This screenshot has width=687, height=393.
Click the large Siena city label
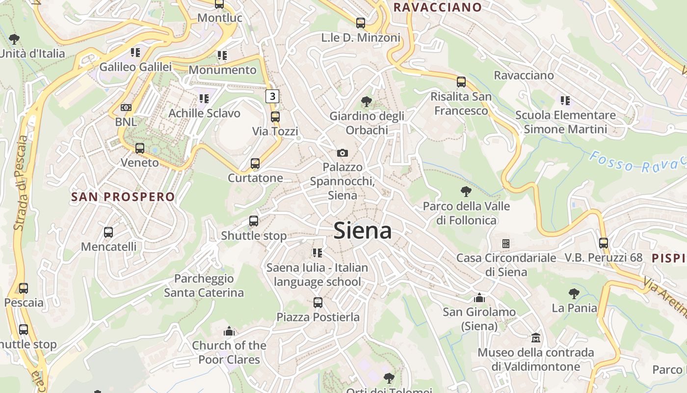[363, 231]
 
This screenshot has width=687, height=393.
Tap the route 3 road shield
[272, 96]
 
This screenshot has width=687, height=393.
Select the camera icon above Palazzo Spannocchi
[343, 153]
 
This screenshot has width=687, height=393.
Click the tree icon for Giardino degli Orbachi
[366, 102]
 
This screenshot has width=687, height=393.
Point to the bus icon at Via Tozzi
[275, 117]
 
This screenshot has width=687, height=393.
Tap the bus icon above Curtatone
[255, 164]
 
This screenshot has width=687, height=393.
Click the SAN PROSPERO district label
[123, 197]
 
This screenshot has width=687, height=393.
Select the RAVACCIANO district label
[438, 7]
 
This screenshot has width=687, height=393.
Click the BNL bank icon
[126, 108]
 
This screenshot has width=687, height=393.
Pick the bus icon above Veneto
[140, 148]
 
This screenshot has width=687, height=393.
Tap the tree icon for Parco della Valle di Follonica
[466, 192]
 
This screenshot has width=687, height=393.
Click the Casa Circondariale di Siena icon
[506, 244]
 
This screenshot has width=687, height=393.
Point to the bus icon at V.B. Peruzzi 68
[604, 243]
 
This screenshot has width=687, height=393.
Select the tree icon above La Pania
[574, 294]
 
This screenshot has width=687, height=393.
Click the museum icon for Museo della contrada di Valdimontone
[536, 338]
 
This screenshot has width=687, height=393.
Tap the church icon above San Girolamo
[479, 298]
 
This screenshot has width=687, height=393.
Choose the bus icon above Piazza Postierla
[318, 303]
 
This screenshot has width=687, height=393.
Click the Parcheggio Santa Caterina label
[204, 286]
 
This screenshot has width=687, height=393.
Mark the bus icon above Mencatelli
[108, 232]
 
